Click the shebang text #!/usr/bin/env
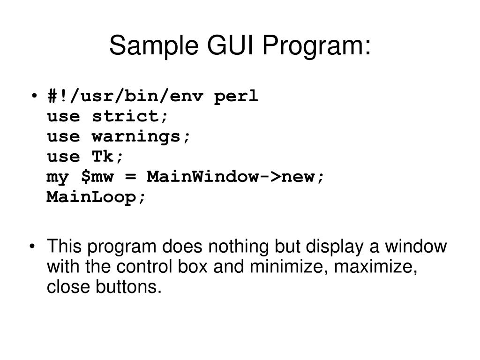coord(125,97)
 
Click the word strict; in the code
coord(130,117)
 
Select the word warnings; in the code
coord(142,137)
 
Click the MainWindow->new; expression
coord(235,177)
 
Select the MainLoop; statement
coord(97,197)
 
